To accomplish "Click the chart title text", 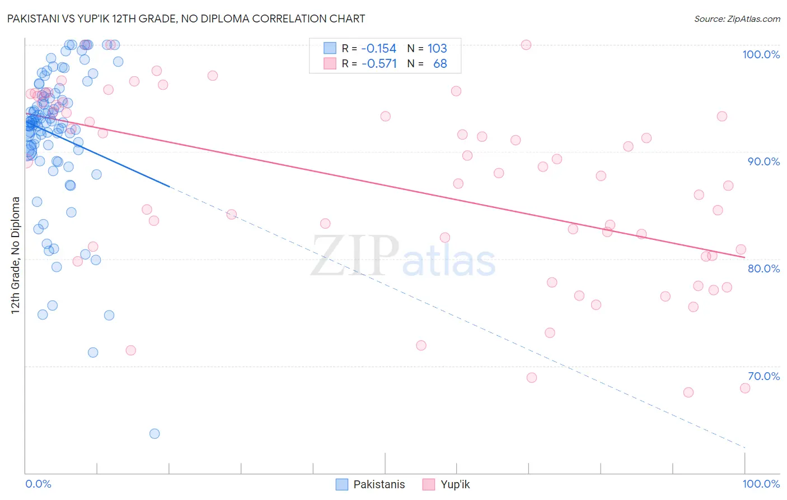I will point(186,18).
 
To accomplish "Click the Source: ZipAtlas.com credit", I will point(737,18).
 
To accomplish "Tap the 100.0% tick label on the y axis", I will point(761,54).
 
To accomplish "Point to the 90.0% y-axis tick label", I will point(763,161).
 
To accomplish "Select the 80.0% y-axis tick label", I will point(763,268).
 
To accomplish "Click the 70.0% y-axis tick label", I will point(763,376).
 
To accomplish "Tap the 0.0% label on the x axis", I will point(38,484).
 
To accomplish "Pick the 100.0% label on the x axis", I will point(761,484).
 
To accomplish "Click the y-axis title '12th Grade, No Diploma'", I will point(16,255).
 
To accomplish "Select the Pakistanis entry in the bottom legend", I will point(379,484).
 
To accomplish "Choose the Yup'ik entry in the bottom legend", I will point(455,484).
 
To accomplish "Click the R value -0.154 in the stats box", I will point(378,49).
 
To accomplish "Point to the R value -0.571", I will point(379,64).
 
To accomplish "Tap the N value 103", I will point(437,49).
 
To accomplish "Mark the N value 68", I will point(440,64).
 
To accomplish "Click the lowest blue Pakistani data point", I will point(154,433).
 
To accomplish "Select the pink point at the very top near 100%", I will point(526,45).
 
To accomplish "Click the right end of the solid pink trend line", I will point(744,257).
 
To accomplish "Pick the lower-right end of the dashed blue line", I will point(744,447).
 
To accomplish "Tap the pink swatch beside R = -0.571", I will point(330,63).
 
